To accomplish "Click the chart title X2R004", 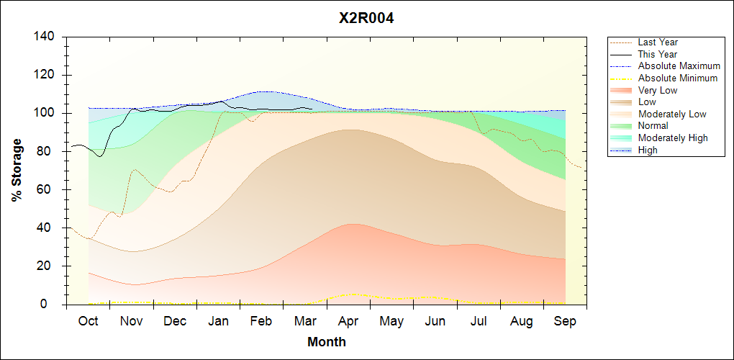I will point(366,19).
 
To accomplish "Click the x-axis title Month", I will point(326,342).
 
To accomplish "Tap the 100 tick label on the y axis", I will point(43,113).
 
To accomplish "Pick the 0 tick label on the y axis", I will point(49,304).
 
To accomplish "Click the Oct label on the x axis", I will point(88,321).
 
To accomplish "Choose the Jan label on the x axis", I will point(218,321).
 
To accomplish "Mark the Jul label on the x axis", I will point(479,321).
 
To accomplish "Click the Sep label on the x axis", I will point(565,321).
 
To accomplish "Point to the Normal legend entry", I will point(653,126).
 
